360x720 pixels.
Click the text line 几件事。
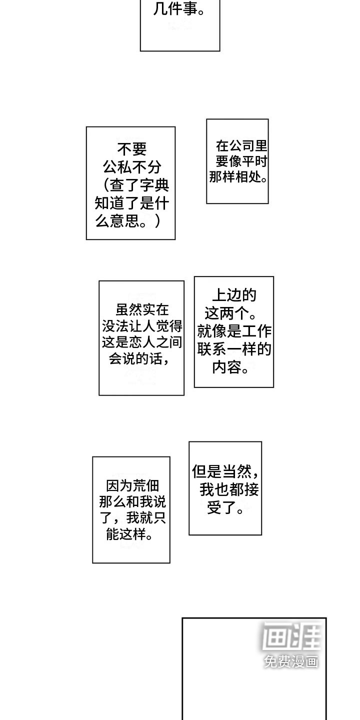(178, 9)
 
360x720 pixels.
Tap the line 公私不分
(132, 167)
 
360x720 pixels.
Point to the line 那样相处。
(238, 177)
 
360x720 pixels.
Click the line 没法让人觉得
(142, 326)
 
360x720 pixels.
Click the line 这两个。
(230, 314)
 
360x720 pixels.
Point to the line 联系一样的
(234, 349)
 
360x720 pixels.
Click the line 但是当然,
(225, 471)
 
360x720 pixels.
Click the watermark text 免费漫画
(291, 661)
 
